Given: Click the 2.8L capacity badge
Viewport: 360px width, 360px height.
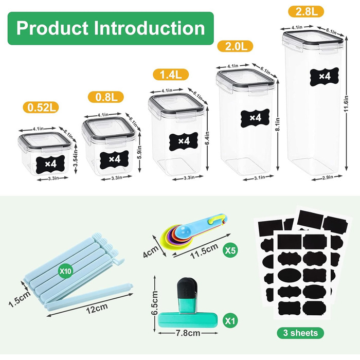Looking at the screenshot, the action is tap(306, 11).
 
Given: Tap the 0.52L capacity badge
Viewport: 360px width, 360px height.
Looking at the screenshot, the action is tap(41, 107).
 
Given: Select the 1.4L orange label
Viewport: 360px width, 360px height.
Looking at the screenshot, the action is tap(171, 75).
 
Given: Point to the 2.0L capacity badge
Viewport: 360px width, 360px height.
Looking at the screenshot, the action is tap(235, 46).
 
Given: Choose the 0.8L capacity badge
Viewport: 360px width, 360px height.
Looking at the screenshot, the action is tap(106, 97).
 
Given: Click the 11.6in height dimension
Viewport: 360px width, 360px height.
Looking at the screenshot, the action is tap(347, 104).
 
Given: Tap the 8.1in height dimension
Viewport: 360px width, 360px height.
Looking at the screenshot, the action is tap(278, 124).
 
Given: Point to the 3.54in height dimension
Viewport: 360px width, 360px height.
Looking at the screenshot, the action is tap(76, 158).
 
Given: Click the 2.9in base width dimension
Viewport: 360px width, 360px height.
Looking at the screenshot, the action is tap(327, 177).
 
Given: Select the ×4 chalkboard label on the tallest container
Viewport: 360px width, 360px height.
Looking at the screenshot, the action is tap(325, 77).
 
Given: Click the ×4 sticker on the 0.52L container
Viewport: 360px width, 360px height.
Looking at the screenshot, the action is tap(50, 164).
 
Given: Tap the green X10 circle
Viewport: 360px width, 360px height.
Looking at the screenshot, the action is tap(66, 271).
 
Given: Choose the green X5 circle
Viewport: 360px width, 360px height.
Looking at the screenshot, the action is tap(230, 250).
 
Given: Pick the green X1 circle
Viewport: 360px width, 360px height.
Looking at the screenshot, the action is tap(230, 320).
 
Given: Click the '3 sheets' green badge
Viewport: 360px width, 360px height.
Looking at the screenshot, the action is tap(300, 333).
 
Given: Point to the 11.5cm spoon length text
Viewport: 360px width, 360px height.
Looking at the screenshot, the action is tap(204, 251).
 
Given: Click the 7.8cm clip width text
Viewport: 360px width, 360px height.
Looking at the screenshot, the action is tap(188, 333).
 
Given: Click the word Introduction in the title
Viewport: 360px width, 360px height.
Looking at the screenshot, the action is tap(149, 28).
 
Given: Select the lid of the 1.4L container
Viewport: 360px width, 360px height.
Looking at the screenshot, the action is tap(176, 104).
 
